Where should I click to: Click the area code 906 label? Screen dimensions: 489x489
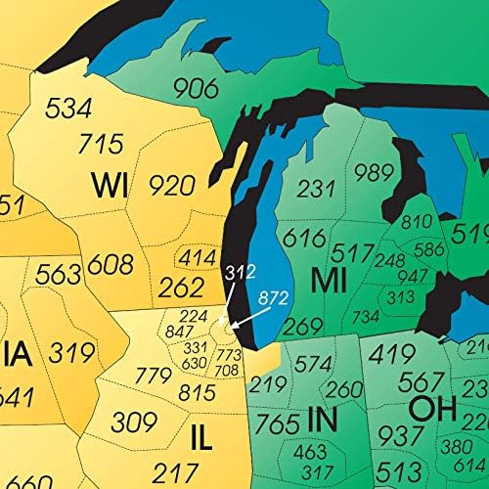(196, 88)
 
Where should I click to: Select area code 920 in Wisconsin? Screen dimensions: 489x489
(172, 185)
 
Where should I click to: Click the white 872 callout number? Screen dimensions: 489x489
(273, 294)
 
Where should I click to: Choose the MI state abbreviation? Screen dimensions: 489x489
(330, 281)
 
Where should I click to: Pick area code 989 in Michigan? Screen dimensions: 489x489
(374, 174)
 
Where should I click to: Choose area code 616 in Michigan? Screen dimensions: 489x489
(305, 238)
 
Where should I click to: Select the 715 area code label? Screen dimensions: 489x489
(102, 144)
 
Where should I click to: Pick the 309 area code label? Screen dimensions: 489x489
(133, 423)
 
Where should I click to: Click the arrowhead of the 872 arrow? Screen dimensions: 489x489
(234, 318)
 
